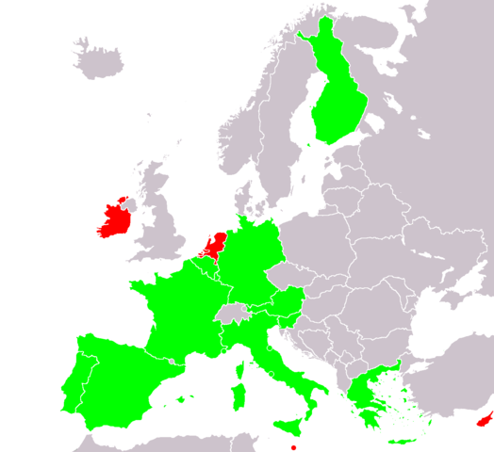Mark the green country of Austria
point(283,304)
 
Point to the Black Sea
point(443,330)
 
